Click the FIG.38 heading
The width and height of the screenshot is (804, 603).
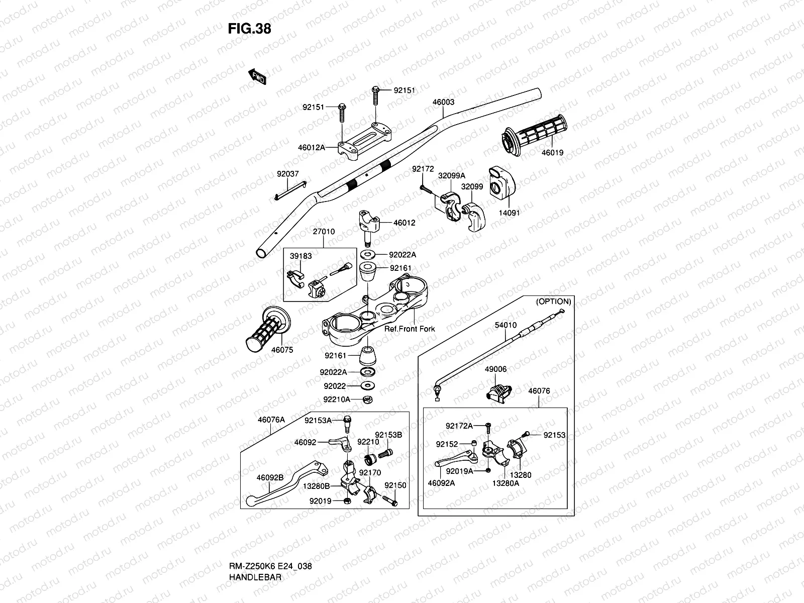tap(249, 29)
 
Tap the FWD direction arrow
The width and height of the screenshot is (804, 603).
tap(257, 76)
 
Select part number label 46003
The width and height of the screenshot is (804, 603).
tap(443, 102)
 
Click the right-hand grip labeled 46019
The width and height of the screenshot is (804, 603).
tap(534, 135)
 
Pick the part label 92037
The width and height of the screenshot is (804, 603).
tap(287, 174)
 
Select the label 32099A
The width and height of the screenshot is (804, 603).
tap(452, 176)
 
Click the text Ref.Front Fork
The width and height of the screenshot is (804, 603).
tap(410, 329)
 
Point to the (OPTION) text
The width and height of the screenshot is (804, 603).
tap(553, 301)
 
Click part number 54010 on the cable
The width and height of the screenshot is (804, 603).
tap(506, 325)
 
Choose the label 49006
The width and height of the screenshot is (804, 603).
tap(495, 369)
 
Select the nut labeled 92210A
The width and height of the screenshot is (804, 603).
tap(367, 399)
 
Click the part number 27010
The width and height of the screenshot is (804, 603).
tap(324, 231)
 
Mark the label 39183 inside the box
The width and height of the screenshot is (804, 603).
tap(300, 256)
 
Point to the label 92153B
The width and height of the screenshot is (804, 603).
tap(388, 435)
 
